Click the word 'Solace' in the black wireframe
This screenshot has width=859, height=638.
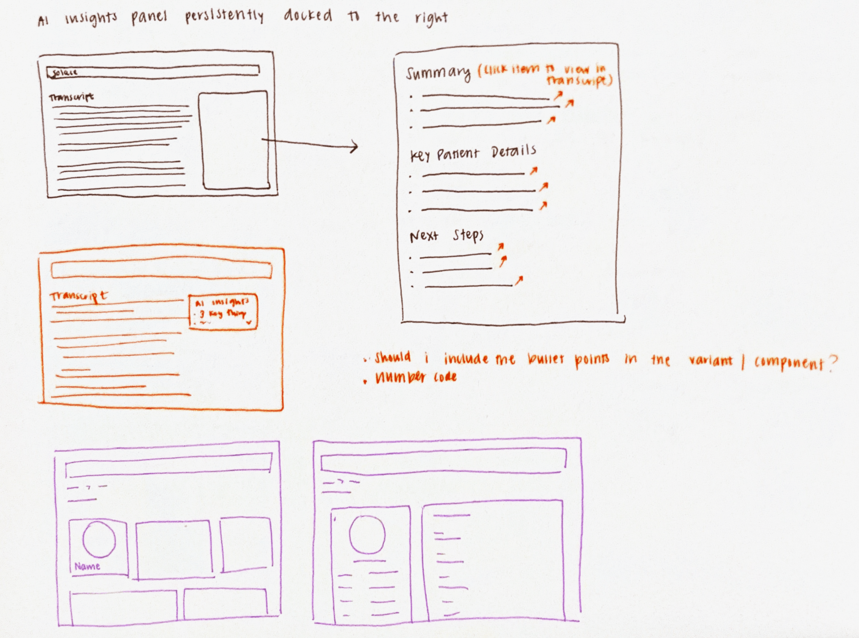coord(64,72)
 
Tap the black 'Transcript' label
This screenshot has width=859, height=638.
coord(71,97)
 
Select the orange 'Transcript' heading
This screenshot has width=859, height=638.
coord(78,297)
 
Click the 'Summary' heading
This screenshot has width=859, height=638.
coord(438,73)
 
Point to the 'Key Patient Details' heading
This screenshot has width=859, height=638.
coord(473,153)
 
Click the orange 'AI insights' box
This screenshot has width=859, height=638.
coord(223,312)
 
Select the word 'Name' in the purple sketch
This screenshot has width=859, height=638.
coord(87,567)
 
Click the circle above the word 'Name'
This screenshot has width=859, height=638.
coord(99,539)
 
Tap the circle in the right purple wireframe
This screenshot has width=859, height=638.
coord(367,535)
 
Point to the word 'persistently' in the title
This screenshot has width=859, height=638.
coord(224,17)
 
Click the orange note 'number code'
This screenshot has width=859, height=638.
coord(416,377)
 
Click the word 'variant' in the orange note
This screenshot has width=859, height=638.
coord(710,360)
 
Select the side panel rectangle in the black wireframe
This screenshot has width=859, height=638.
coord(234,140)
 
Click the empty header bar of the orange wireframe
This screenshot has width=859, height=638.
coord(161,270)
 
